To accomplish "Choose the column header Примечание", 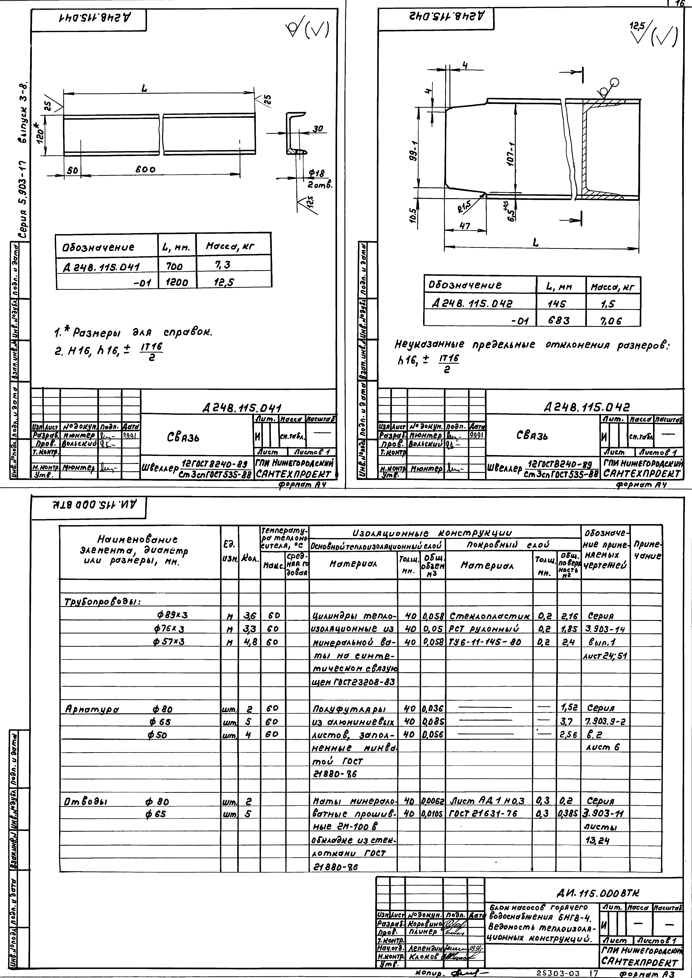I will point(647,550).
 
